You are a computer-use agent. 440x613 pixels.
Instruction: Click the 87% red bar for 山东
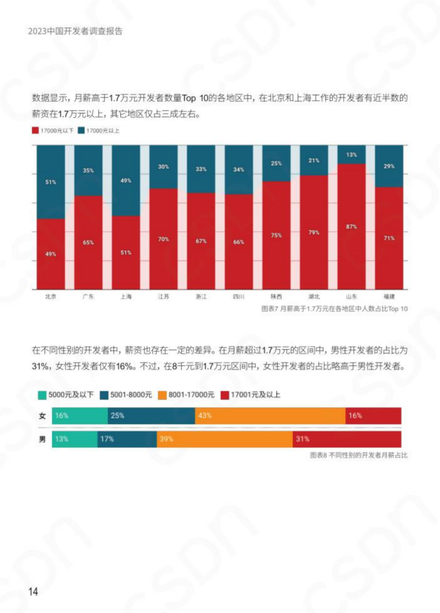pos(351,227)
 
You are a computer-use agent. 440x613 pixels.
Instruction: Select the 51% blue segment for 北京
pos(51,182)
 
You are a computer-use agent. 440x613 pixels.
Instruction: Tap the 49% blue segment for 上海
pos(126,180)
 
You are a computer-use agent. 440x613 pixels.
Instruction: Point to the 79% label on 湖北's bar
pos(314,232)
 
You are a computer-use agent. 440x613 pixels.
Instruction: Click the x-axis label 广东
pos(88,296)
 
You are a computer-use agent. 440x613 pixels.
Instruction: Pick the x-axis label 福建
pos(389,296)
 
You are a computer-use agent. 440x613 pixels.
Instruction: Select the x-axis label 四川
pos(239,296)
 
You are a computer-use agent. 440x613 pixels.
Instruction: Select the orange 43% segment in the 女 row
pos(270,416)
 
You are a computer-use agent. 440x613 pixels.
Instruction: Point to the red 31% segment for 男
pos(347,439)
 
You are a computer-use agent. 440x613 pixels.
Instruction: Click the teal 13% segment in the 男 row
pos(75,439)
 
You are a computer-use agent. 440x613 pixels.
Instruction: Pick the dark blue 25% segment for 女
pos(151,416)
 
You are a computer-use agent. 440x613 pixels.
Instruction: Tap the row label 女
pos(42,416)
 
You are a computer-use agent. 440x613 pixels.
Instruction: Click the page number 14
pos(33,591)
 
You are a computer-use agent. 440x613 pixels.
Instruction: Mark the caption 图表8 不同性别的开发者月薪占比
pos(359,455)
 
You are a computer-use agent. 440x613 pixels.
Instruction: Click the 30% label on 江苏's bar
pos(164,167)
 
